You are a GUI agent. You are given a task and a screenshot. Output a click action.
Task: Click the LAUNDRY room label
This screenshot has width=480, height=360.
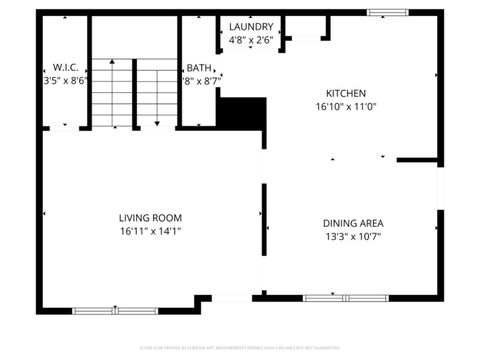click(x=251, y=26)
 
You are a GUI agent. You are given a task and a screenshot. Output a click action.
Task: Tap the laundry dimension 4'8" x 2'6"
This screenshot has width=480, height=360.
click(x=251, y=40)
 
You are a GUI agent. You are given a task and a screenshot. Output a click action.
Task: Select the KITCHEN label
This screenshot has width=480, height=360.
click(x=345, y=91)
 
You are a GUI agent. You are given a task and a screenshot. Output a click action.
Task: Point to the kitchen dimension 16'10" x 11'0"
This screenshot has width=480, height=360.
click(x=345, y=105)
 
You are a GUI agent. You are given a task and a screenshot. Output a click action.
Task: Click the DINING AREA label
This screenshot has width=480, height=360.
click(x=353, y=222)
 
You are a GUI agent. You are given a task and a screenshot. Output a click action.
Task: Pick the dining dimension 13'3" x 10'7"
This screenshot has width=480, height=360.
click(x=353, y=237)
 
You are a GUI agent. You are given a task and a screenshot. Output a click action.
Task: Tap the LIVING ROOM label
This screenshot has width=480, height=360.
click(x=150, y=217)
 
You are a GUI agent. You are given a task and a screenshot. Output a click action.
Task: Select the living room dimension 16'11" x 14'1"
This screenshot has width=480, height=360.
click(x=150, y=231)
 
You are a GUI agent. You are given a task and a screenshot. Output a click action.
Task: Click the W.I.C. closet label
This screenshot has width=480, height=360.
click(x=65, y=67)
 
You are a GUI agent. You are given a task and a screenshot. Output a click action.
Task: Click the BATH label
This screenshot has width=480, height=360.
click(x=198, y=67)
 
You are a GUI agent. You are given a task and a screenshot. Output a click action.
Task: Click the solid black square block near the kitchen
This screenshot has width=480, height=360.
click(x=242, y=113)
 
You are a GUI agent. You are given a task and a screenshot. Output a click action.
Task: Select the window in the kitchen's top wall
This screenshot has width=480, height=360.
click(x=380, y=13)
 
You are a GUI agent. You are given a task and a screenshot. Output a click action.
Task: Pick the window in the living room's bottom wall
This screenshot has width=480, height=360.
click(x=115, y=310)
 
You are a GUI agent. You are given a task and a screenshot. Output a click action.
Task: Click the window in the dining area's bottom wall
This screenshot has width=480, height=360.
click(x=331, y=297)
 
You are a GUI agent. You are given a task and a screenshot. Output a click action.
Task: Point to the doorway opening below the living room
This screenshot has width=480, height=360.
click(x=232, y=298)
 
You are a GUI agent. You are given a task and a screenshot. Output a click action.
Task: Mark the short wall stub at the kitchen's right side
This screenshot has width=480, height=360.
click(x=418, y=159)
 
